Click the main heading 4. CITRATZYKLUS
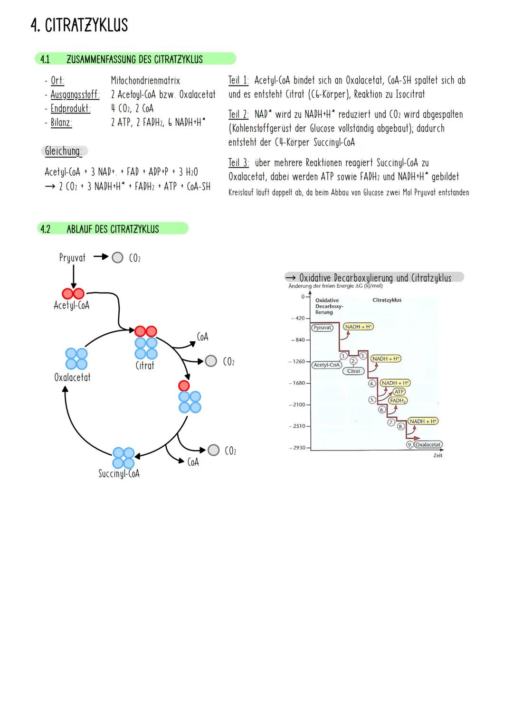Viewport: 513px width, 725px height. (x=79, y=25)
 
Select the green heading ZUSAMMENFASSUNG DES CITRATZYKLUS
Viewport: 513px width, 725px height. (x=134, y=59)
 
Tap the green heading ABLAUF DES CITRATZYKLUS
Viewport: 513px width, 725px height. (x=113, y=229)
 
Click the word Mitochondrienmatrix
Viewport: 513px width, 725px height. (x=145, y=81)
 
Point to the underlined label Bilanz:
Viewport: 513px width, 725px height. (x=61, y=122)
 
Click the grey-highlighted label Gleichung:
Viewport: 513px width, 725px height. (x=64, y=151)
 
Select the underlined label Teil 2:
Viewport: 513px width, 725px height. (x=238, y=114)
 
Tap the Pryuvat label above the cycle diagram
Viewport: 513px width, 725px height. (x=72, y=258)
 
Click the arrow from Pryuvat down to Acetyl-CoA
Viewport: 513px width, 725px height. (x=73, y=276)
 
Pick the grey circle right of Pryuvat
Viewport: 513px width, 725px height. (x=117, y=258)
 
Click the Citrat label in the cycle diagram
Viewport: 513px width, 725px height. (x=145, y=366)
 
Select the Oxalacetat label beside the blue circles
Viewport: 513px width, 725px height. (x=72, y=377)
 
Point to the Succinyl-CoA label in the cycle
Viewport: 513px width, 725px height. (x=119, y=474)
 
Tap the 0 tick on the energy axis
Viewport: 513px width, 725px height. (x=303, y=297)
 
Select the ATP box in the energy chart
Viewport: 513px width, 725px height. (x=399, y=392)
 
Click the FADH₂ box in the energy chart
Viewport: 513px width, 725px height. (x=398, y=401)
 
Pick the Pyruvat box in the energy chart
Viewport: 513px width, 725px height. (x=322, y=328)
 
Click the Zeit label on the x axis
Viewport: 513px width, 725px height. (x=437, y=455)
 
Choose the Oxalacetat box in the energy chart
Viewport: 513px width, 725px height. (x=428, y=445)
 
